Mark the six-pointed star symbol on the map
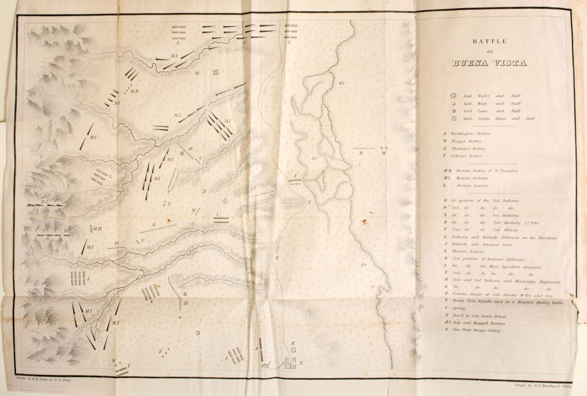coord(226,202)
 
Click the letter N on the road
coord(277,258)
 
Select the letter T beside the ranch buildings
coord(301,363)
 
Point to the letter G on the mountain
coord(48,238)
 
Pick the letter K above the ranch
coord(293,343)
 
